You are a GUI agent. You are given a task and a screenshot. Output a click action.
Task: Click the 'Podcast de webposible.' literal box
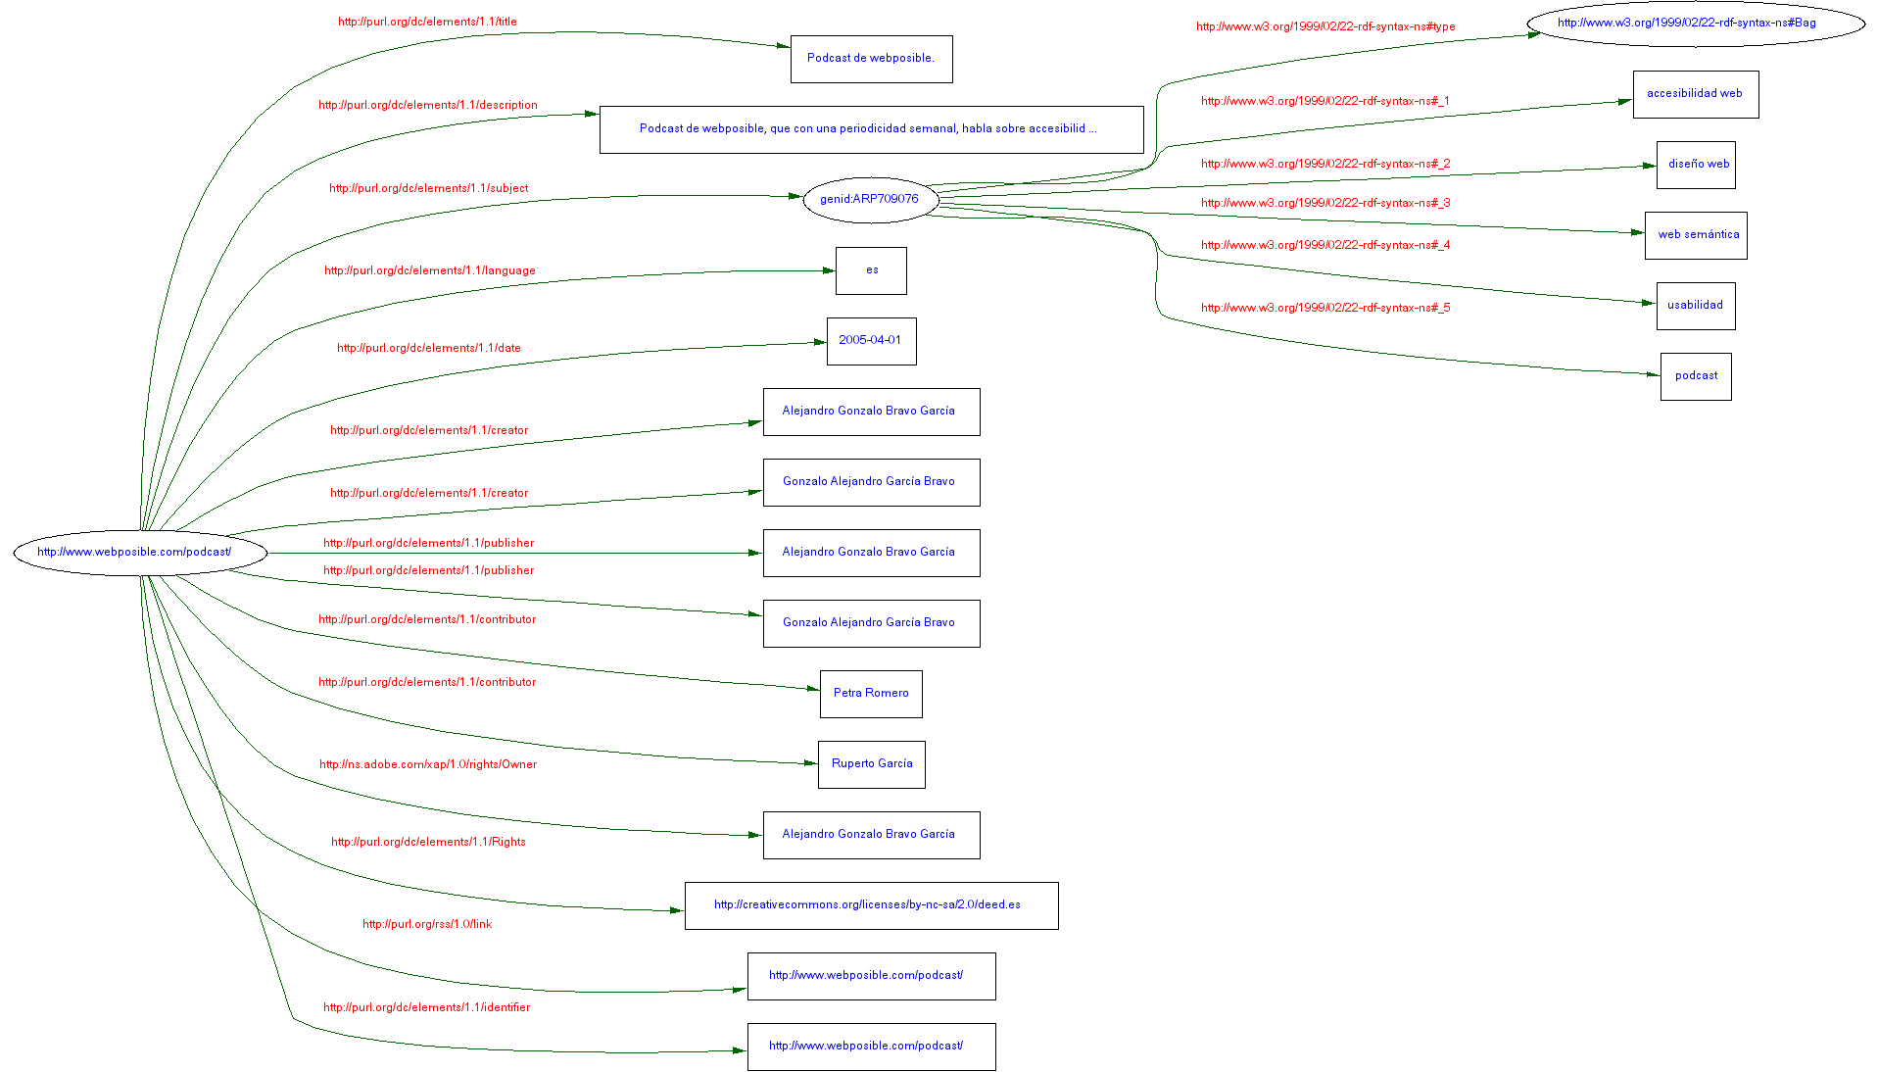pos(871,59)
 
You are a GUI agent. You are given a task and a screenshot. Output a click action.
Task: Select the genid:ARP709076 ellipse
pos(870,200)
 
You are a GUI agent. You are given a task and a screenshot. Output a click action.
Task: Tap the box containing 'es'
pos(871,270)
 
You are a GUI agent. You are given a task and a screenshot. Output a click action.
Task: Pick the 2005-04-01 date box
pos(871,341)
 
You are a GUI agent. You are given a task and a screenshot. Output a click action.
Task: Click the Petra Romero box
pos(871,694)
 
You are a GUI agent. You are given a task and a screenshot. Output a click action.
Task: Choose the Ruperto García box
pos(871,764)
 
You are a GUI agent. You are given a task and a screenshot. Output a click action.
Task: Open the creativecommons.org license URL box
pos(871,905)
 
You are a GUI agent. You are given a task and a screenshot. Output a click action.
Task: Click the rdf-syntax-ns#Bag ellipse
pos(1695,24)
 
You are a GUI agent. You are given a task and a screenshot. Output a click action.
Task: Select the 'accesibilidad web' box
pos(1695,94)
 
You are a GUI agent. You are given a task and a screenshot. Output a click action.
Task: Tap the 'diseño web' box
pos(1696,165)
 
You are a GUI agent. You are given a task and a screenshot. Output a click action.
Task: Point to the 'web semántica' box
pos(1696,235)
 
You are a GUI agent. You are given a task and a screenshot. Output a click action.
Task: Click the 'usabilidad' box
pos(1696,306)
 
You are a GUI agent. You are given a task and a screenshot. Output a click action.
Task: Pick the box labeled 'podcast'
pos(1696,376)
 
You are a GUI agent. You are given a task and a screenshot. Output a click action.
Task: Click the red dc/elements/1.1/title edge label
pos(427,22)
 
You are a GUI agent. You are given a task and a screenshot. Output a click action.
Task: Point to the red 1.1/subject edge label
pos(428,188)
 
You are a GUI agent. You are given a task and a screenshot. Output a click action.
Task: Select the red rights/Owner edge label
pos(428,764)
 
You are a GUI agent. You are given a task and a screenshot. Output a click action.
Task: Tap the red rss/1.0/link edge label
pos(427,924)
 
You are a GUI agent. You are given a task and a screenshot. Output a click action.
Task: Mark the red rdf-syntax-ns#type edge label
pos(1325,26)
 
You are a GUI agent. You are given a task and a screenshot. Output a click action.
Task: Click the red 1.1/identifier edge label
pos(427,1007)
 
